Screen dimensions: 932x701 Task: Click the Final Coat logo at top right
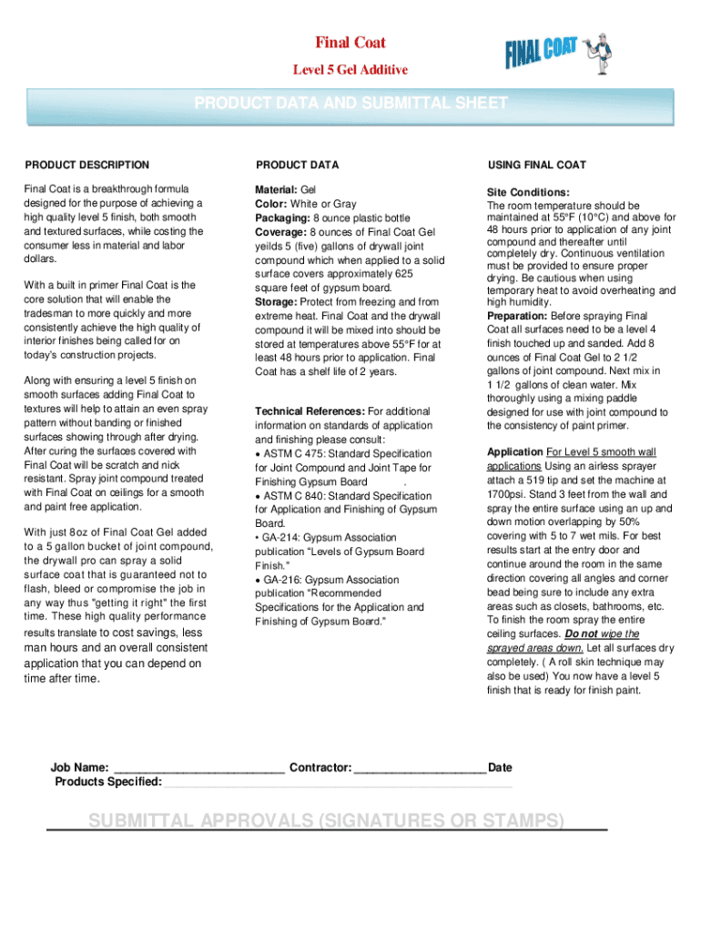coord(558,53)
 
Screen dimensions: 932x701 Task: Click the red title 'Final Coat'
coord(350,43)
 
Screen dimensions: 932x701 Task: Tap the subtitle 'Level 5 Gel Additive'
coord(350,70)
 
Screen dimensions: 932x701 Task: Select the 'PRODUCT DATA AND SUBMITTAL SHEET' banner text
coord(350,104)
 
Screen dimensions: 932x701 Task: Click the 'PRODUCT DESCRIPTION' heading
coord(87,165)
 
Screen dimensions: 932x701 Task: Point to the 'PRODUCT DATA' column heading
coord(298,165)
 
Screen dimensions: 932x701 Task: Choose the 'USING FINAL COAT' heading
coord(537,165)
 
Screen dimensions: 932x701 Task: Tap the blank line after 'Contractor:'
coord(420,768)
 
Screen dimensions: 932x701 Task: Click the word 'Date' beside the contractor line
coord(500,768)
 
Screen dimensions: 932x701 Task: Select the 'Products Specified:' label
coord(108,782)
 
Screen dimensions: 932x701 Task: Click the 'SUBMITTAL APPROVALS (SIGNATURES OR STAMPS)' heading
coord(326,822)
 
